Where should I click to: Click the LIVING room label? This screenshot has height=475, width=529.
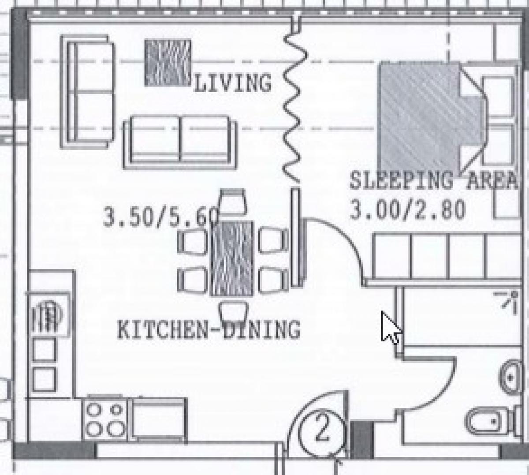tap(232, 83)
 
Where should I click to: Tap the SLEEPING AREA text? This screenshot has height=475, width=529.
tap(433, 180)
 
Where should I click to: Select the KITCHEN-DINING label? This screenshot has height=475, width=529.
tap(209, 330)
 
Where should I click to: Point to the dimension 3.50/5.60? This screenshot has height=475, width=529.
tap(161, 217)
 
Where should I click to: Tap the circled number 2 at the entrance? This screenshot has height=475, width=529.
tap(322, 430)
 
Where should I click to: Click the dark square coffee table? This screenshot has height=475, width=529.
tap(168, 63)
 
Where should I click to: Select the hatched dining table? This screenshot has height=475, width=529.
tap(232, 258)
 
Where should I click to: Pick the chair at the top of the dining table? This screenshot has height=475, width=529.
tap(233, 202)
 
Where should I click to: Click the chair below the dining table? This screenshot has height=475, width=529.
tap(234, 311)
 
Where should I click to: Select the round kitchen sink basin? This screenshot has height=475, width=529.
tap(50, 315)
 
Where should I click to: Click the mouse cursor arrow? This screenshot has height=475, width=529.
tap(390, 327)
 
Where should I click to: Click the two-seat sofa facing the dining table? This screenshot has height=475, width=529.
tap(180, 142)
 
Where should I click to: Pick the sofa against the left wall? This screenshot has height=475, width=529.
tap(87, 92)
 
